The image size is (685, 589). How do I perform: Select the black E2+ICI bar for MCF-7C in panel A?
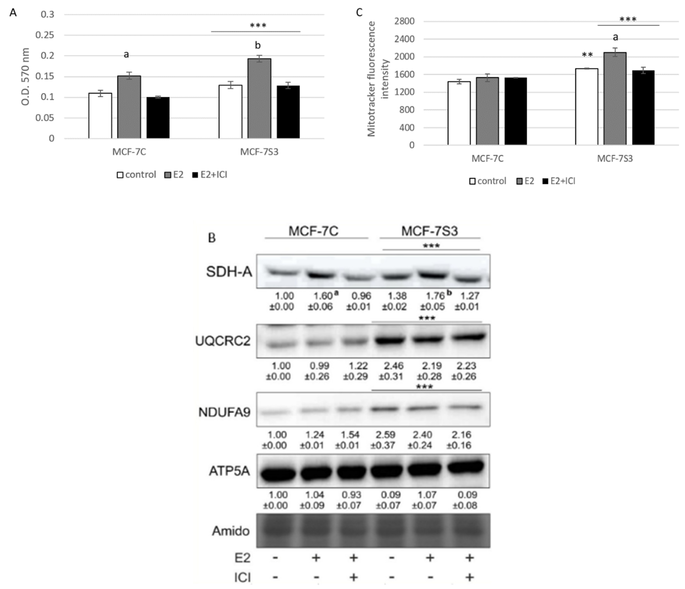[158, 118]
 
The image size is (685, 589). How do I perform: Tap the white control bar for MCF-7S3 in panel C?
[587, 107]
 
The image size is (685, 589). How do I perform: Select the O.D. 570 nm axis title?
[25, 77]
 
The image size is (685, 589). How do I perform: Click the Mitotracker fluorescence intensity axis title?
[377, 79]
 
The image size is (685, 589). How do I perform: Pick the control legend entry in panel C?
[488, 181]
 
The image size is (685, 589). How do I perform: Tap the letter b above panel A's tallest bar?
[258, 45]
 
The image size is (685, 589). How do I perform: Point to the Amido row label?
[230, 531]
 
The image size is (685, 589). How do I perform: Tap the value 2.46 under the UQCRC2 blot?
[393, 366]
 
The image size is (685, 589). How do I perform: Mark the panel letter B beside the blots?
[212, 238]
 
